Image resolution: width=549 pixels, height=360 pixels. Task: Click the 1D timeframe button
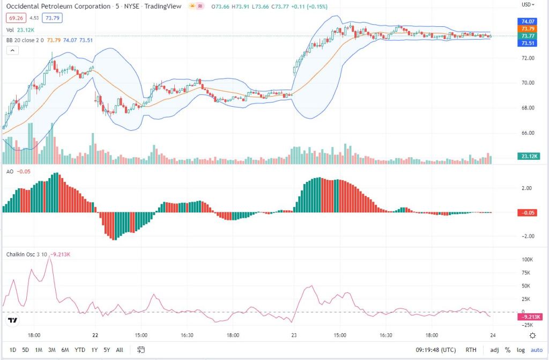click(x=13, y=350)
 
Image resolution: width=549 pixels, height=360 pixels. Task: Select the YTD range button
click(x=80, y=350)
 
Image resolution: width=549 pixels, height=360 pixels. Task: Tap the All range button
click(x=120, y=350)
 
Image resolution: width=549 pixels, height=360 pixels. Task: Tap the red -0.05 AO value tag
click(x=529, y=213)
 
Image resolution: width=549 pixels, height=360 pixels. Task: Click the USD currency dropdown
click(x=529, y=4)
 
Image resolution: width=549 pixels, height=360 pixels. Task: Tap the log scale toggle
click(x=520, y=350)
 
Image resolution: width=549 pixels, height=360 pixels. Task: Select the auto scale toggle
click(x=537, y=350)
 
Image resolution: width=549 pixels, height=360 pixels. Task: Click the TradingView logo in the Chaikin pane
click(x=13, y=321)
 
